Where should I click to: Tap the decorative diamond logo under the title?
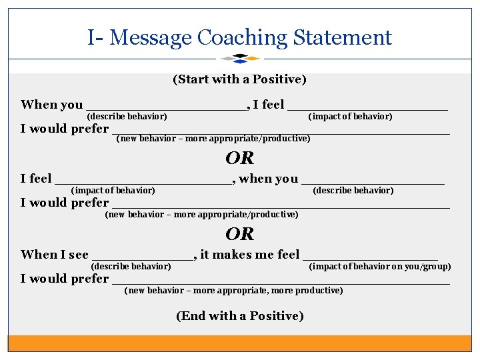click(240, 59)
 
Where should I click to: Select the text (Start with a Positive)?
click(239, 79)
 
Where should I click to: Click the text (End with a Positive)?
click(239, 316)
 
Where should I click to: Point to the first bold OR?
click(240, 158)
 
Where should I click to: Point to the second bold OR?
click(240, 234)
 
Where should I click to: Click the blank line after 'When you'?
click(167, 107)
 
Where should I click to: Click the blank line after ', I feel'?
click(367, 107)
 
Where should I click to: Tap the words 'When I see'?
click(55, 254)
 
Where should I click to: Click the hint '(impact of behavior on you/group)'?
click(380, 267)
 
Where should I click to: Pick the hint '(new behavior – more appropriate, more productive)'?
click(233, 291)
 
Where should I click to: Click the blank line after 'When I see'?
click(143, 257)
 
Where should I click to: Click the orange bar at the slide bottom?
click(240, 343)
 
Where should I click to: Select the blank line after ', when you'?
click(373, 181)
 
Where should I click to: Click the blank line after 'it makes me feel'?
click(370, 257)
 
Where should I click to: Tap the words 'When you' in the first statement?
click(52, 105)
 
